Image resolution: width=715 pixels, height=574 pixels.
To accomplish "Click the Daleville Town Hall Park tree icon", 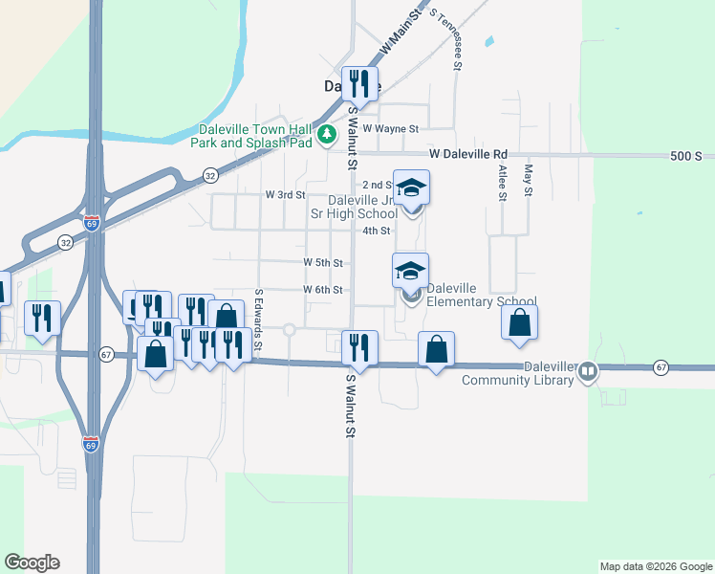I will [x=327, y=134].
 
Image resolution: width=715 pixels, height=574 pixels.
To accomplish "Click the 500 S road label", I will [x=686, y=156].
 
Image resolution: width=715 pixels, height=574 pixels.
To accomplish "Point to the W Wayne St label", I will [x=390, y=128].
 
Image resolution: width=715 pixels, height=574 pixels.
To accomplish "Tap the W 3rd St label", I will [x=285, y=194].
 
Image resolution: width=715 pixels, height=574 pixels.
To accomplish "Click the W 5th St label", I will [x=323, y=262].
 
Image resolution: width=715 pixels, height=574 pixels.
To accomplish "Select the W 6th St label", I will [x=323, y=290].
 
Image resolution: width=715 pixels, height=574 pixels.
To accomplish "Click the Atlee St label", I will [x=501, y=182].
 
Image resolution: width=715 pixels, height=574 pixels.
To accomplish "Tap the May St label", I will [x=527, y=180].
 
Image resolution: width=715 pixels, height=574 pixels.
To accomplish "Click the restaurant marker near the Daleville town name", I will [x=360, y=84].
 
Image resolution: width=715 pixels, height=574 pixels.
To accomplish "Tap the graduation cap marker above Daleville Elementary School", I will [x=410, y=271].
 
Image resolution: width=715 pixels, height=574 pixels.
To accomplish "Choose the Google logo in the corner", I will [x=32, y=563].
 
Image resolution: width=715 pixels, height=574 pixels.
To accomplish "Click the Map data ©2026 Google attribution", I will [x=655, y=566].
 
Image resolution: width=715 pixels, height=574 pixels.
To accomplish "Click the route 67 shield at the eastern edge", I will [x=660, y=367].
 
